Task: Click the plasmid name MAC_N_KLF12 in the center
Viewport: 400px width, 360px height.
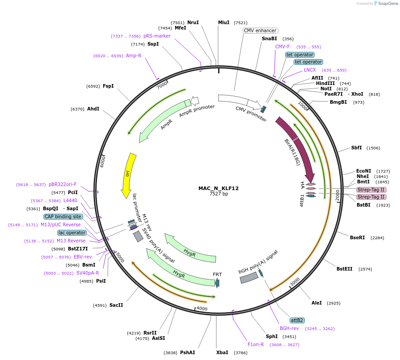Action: click(x=219, y=188)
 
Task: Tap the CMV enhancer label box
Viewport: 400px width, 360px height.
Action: click(x=260, y=30)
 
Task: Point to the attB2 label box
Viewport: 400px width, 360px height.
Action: click(x=297, y=320)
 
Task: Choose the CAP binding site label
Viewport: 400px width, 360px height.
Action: click(x=63, y=216)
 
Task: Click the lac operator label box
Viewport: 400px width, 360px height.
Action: click(x=72, y=233)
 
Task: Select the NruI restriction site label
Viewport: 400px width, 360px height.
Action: click(x=193, y=22)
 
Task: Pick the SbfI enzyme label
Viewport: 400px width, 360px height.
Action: click(x=357, y=148)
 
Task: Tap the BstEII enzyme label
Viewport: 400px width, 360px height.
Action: click(x=345, y=269)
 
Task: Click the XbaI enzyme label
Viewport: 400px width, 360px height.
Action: click(x=222, y=352)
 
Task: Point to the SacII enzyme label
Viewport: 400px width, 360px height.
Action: click(x=116, y=305)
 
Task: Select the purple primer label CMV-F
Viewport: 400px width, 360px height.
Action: click(x=282, y=47)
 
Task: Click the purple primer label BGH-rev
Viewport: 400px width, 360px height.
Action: click(x=289, y=328)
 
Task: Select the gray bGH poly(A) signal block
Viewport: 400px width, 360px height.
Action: click(x=248, y=278)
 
